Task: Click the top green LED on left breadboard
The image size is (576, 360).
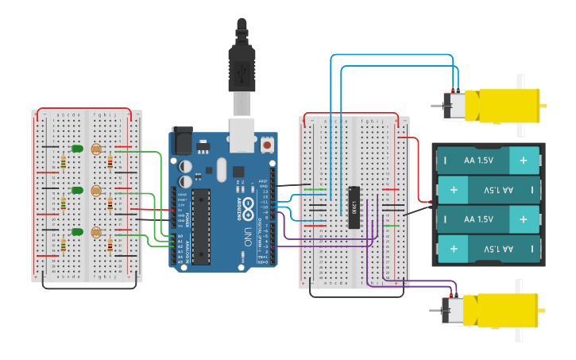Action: pyautogui.click(x=77, y=149)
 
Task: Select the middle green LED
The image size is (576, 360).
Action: pyautogui.click(x=77, y=190)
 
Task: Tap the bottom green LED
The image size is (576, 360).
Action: pyautogui.click(x=77, y=232)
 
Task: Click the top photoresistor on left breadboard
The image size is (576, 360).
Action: pyautogui.click(x=96, y=149)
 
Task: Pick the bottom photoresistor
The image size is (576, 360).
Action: pyautogui.click(x=96, y=232)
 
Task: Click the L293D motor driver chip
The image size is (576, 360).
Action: pyautogui.click(x=355, y=207)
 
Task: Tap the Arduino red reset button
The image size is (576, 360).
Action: pyautogui.click(x=267, y=146)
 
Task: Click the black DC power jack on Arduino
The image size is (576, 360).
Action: pyautogui.click(x=183, y=141)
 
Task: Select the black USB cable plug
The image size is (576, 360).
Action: pyautogui.click(x=242, y=68)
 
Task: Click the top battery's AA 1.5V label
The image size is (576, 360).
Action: pyautogui.click(x=478, y=161)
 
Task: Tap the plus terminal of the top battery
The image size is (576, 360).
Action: pyautogui.click(x=524, y=161)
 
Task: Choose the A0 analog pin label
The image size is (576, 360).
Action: pyautogui.click(x=180, y=236)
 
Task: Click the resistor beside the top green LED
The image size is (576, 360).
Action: pyautogui.click(x=63, y=162)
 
